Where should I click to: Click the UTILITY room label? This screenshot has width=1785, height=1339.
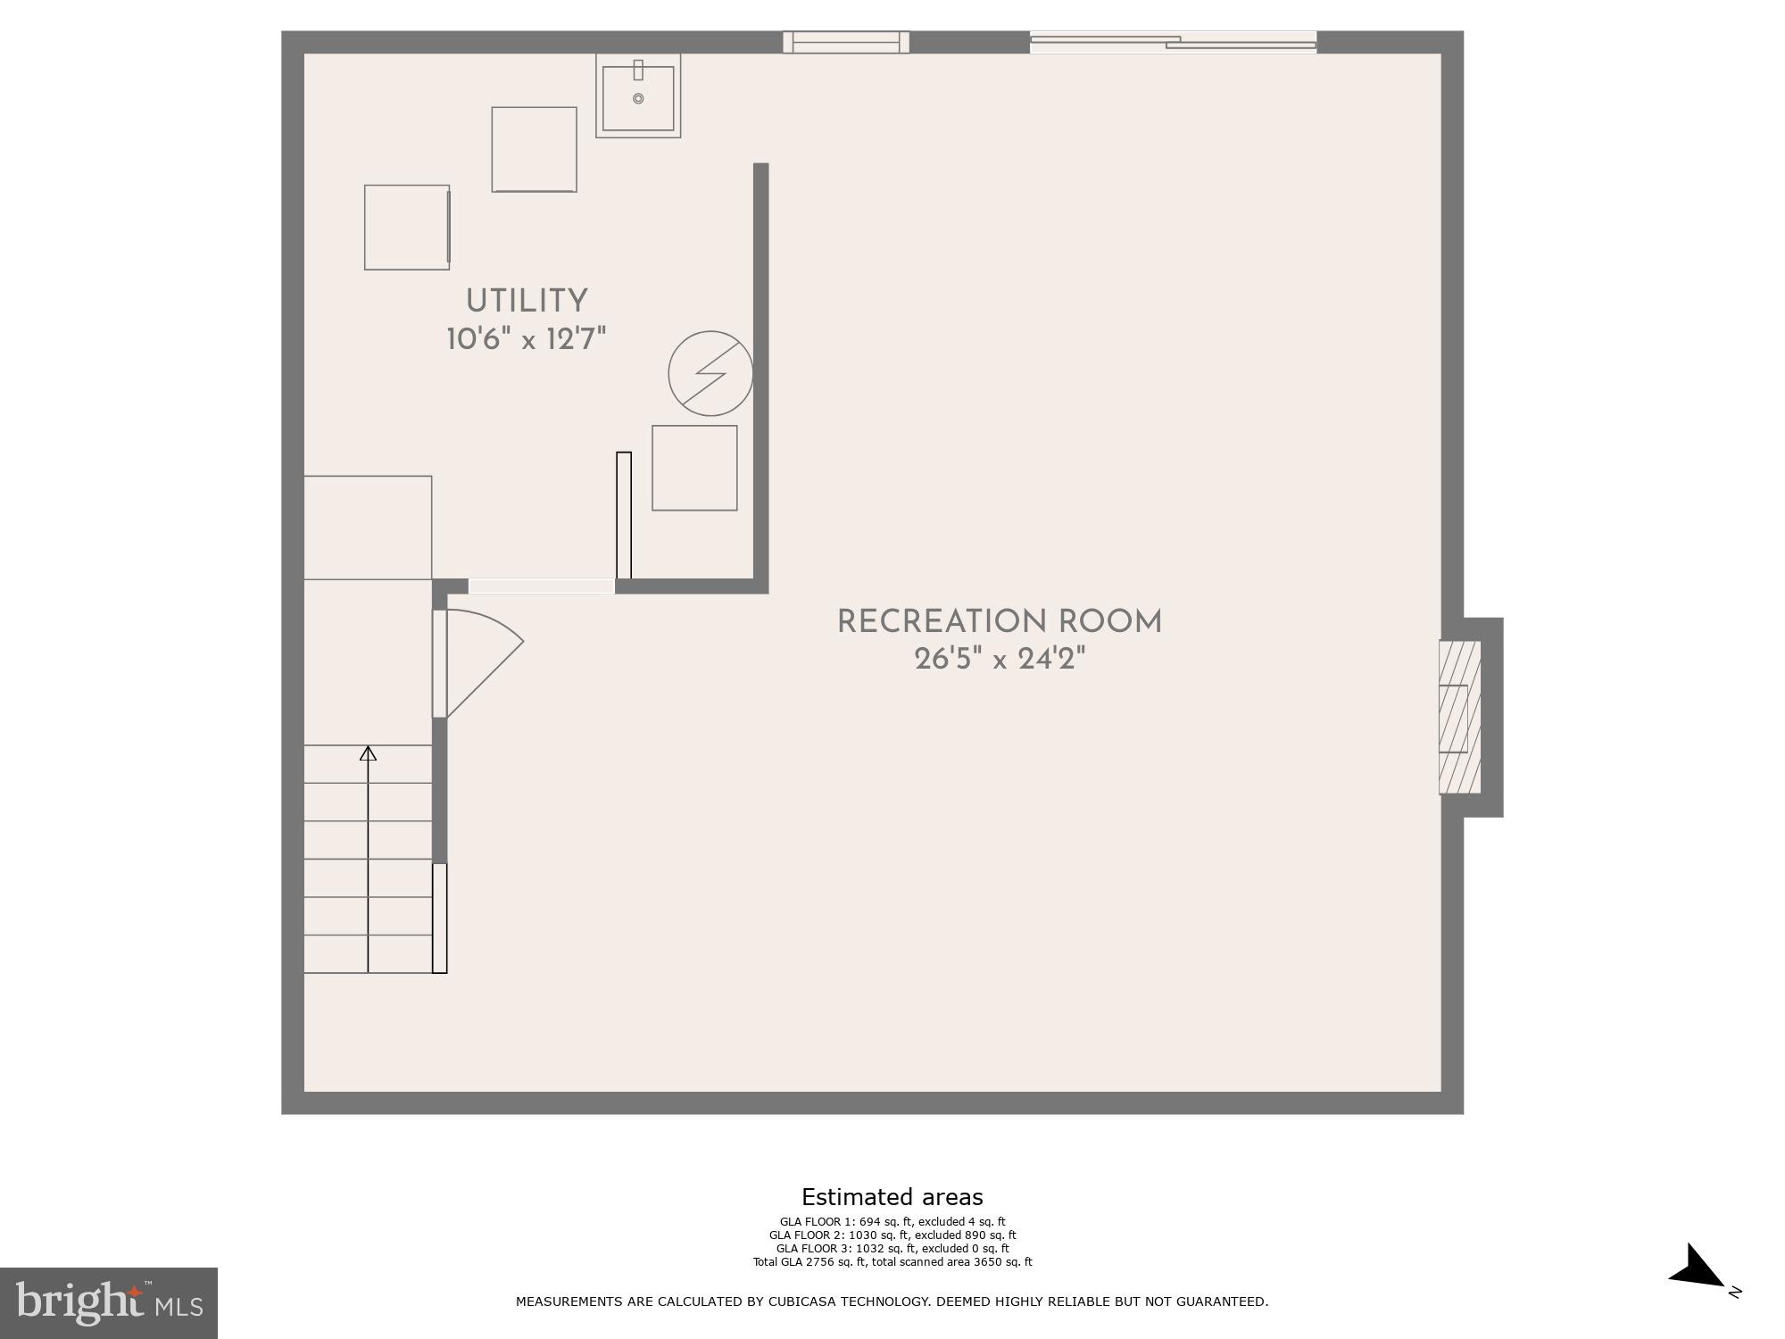pos(527,301)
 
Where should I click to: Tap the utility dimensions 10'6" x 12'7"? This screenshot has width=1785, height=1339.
pos(527,339)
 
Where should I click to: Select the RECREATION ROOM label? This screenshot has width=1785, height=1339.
pos(1000,621)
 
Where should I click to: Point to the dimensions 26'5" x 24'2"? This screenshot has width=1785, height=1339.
pos(1000,660)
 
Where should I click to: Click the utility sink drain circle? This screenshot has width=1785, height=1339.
pos(638,98)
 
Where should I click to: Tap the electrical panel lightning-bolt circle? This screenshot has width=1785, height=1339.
pos(710,373)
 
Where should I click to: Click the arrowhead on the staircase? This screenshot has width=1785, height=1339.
pos(368,753)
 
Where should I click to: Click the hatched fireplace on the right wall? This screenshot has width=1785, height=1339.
pos(1459,718)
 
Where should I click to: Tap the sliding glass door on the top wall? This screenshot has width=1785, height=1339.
pos(1173,42)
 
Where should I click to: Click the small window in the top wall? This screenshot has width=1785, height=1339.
pos(846,42)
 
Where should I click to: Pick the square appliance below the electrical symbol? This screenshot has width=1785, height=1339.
pos(694,468)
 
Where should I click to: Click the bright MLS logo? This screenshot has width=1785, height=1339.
pos(109,1303)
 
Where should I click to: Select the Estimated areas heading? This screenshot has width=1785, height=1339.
pos(892,1197)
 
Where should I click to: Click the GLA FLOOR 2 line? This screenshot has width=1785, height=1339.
pos(892,1235)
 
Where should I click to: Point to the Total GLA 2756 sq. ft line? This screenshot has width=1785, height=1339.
pos(892,1262)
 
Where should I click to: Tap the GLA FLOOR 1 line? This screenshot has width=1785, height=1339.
pos(892,1222)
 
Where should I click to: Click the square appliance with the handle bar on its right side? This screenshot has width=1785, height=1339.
pos(407,228)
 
